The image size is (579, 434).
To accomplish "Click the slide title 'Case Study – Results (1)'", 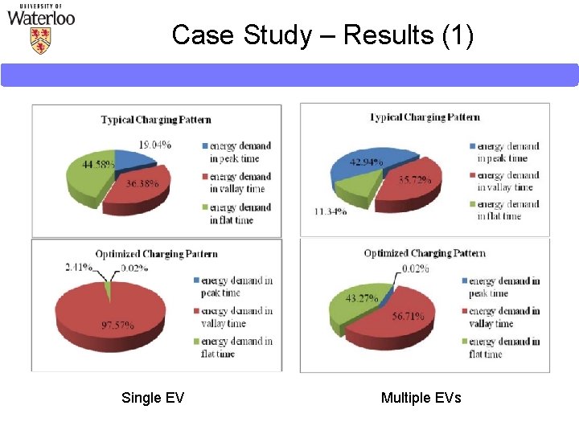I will point(322,35).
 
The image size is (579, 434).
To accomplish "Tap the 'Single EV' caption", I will point(153,398).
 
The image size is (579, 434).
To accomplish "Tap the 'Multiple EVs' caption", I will point(421,398).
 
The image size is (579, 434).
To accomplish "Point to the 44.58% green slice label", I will point(98,165).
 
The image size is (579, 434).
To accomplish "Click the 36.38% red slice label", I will point(142,183).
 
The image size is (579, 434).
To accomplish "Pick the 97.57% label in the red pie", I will point(117,325).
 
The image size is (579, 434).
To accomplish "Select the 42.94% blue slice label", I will point(366,162).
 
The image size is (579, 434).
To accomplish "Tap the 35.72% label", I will point(415,179).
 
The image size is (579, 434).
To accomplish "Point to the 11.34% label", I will point(331,212).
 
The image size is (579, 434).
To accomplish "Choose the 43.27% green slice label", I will point(361,298).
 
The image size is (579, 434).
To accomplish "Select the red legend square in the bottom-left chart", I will point(196,312).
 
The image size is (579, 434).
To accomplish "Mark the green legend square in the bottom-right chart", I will point(464,342).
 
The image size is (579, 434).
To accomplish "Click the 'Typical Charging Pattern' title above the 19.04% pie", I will point(156,120).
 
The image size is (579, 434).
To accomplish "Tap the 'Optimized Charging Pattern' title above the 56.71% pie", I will point(425,253).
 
